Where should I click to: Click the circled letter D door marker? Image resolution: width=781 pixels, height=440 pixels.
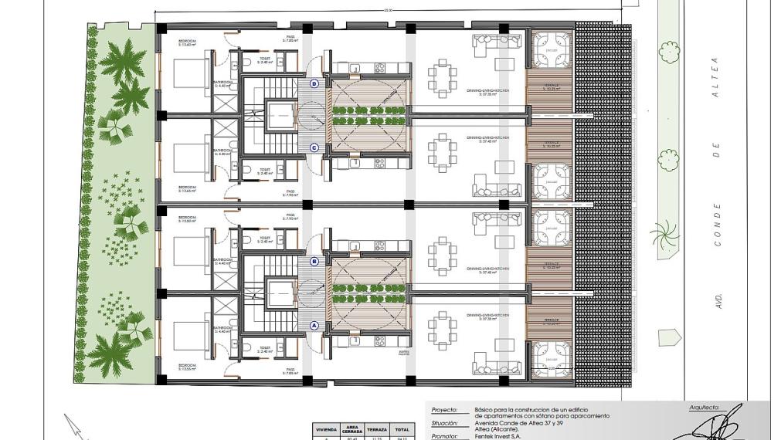coord(314,83)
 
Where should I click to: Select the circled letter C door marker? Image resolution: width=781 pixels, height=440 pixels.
coord(314,147)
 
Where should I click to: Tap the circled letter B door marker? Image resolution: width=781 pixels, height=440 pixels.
coord(314,262)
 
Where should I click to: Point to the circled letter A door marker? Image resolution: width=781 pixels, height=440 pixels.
coord(314,325)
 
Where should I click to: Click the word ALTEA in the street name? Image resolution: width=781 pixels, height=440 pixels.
coord(715,73)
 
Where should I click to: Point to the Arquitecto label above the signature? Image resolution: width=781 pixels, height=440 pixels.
coord(703,405)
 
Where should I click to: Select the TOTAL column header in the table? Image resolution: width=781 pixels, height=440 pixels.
coord(402,428)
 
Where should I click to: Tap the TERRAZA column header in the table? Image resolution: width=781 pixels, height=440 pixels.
coord(376,428)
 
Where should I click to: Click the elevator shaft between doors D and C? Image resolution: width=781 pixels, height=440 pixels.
coord(280,115)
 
